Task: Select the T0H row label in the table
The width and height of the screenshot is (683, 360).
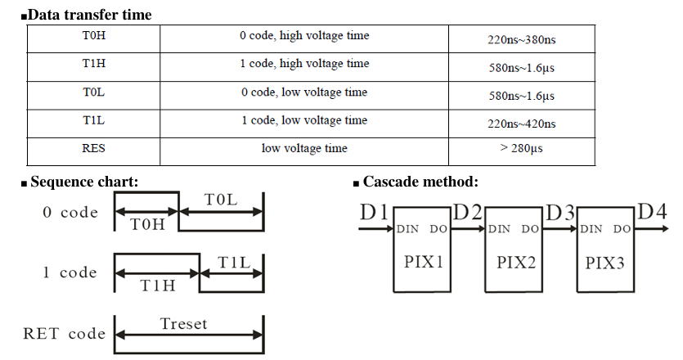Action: click(93, 36)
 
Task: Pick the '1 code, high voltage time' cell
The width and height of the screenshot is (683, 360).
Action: click(303, 64)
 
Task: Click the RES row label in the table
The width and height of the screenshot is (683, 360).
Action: click(93, 149)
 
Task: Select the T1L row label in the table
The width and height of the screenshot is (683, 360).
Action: click(93, 120)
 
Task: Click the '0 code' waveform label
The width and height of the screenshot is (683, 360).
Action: click(70, 213)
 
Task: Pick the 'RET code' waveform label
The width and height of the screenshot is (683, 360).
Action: click(64, 334)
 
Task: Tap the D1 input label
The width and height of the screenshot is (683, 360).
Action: click(375, 212)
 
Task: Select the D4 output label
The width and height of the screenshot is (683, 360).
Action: click(652, 211)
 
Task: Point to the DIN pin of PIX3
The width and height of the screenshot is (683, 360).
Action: click(591, 230)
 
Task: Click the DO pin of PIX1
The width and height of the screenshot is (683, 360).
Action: click(438, 230)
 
